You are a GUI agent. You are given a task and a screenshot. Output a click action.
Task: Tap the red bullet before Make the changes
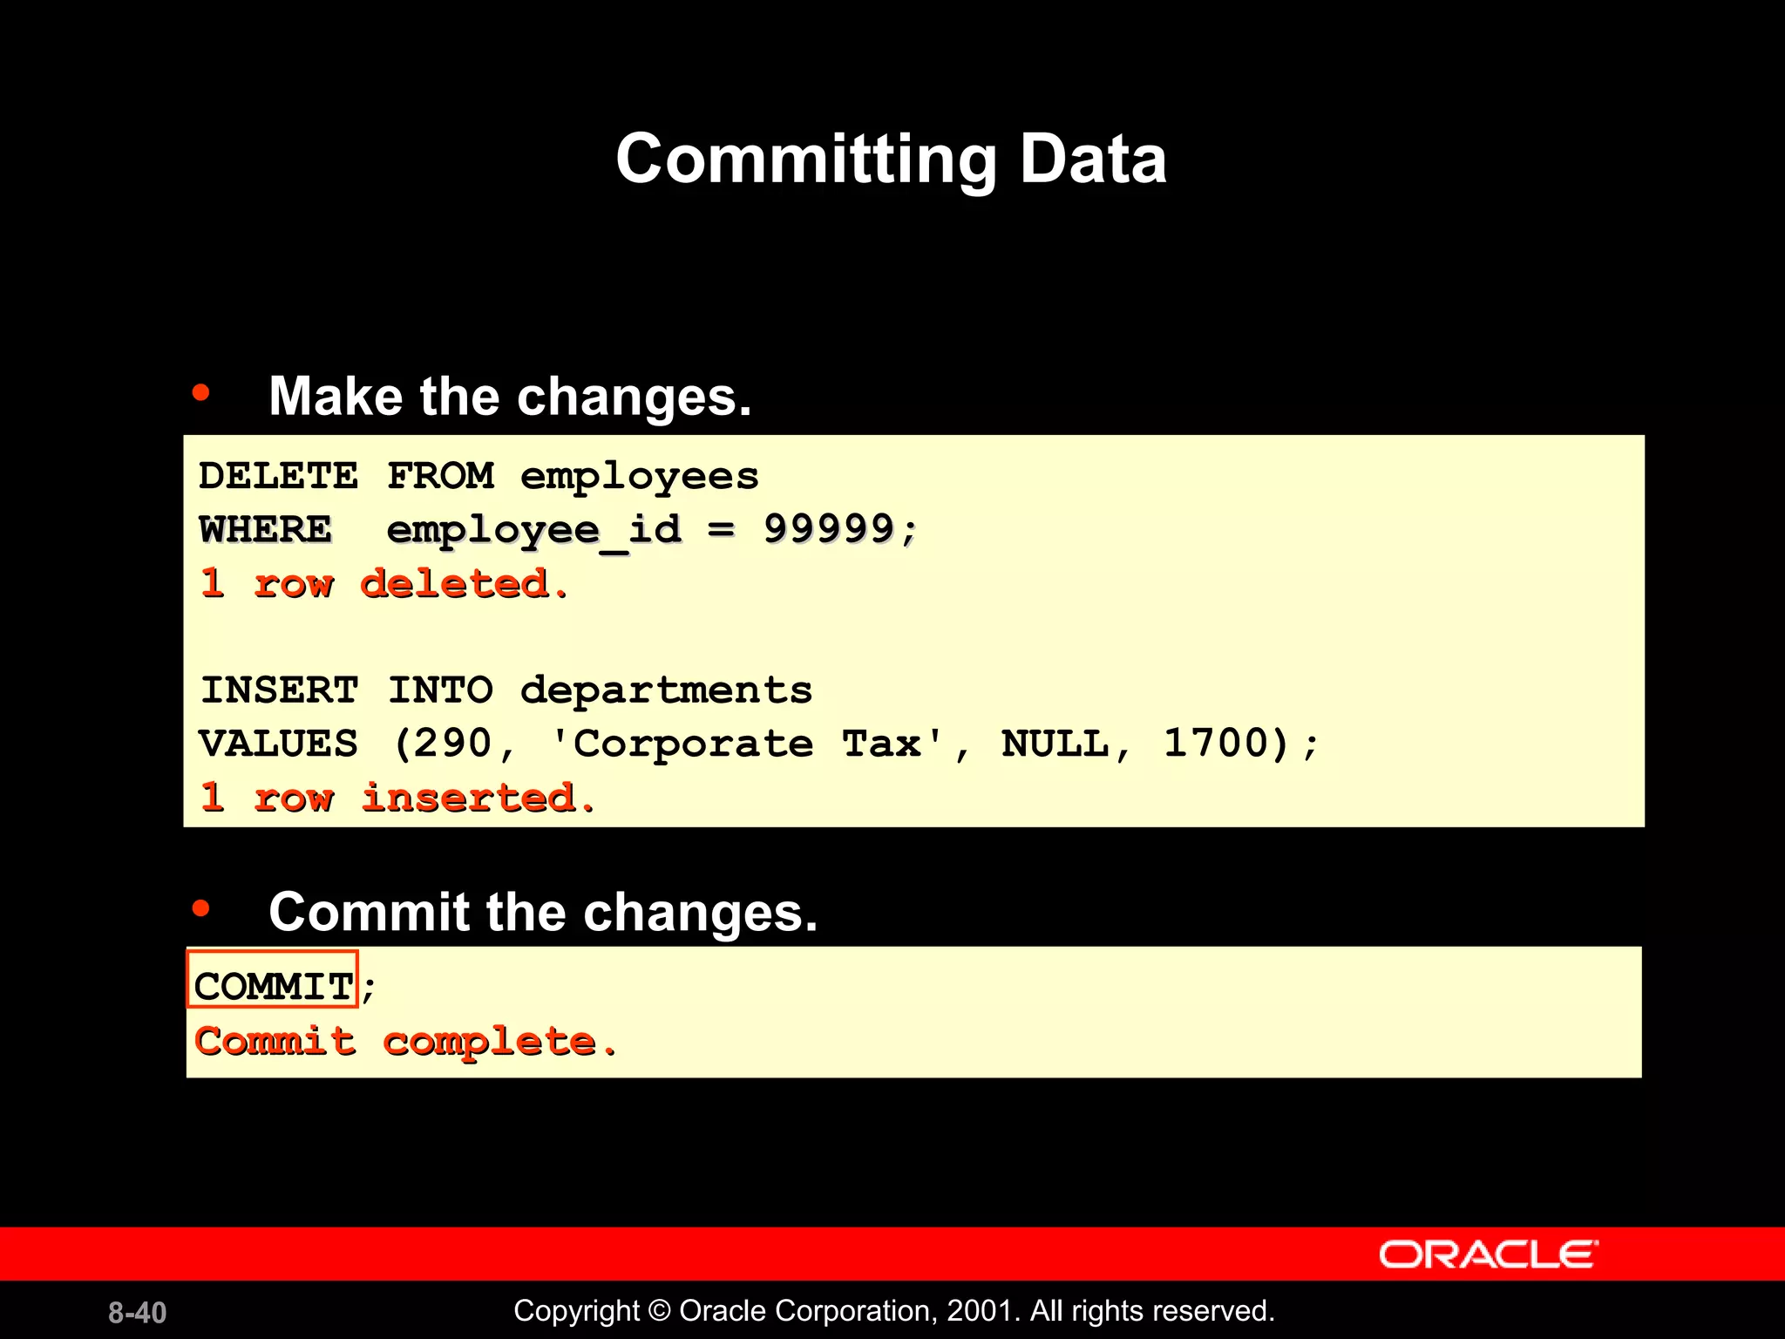click(201, 393)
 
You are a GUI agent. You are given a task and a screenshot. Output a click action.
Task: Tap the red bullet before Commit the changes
click(201, 908)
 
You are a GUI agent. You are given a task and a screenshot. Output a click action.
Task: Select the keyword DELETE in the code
click(278, 476)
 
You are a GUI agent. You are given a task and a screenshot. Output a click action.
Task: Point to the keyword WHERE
click(266, 529)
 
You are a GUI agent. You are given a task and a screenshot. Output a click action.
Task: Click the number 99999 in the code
click(829, 528)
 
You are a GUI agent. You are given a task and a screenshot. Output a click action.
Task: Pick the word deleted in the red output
click(454, 583)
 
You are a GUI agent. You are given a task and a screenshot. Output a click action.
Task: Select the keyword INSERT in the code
click(279, 690)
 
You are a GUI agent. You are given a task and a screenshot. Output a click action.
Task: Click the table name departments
click(666, 690)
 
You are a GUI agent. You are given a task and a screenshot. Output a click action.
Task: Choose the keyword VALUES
click(278, 744)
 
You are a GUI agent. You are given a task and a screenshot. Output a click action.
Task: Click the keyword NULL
click(1055, 744)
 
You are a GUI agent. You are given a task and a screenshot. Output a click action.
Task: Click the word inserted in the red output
click(468, 798)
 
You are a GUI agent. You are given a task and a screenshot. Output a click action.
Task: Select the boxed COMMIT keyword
click(273, 987)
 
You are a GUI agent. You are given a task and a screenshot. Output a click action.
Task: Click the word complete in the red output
click(489, 1041)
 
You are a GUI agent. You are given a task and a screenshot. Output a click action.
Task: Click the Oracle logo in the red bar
click(1488, 1254)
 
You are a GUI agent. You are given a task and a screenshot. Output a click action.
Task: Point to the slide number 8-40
click(137, 1312)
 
